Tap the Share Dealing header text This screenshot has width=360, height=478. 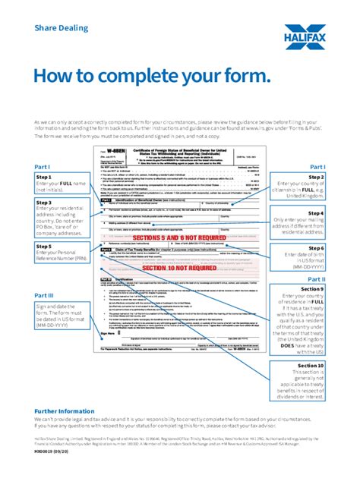pyautogui.click(x=61, y=27)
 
